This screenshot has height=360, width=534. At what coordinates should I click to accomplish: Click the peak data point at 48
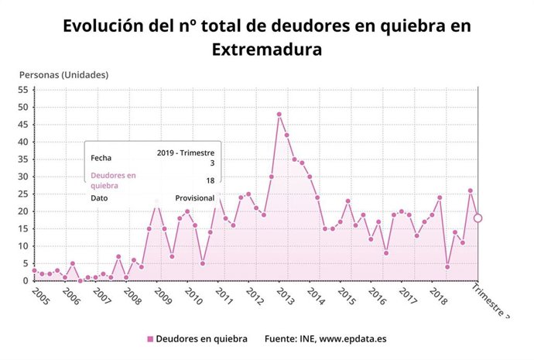(279, 115)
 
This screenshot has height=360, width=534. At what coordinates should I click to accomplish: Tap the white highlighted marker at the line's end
(478, 218)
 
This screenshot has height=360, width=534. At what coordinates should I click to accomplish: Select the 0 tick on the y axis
(26, 281)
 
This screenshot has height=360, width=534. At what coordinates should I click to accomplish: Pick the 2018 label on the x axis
(438, 297)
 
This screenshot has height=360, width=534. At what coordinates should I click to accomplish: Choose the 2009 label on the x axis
(162, 297)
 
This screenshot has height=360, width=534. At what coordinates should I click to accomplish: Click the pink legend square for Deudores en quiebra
(150, 339)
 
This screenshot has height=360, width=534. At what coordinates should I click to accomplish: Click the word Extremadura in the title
(266, 50)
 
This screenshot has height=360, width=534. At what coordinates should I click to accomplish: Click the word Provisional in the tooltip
(194, 198)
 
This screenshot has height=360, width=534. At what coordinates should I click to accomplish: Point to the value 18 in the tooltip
(210, 180)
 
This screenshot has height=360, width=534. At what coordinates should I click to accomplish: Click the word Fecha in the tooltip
(101, 158)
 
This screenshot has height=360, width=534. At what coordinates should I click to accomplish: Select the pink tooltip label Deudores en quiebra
(113, 180)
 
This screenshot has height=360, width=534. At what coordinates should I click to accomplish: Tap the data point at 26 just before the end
(471, 190)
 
